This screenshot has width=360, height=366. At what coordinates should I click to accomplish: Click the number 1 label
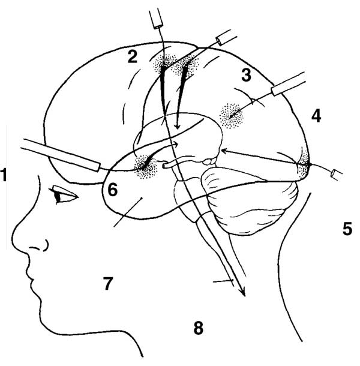[4, 175]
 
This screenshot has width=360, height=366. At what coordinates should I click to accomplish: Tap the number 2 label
[133, 57]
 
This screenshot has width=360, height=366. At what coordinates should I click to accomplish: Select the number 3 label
[247, 75]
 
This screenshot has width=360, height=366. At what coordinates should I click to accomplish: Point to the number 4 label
[316, 116]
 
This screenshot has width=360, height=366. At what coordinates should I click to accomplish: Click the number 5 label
[347, 229]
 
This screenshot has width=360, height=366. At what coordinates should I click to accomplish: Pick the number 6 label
[113, 190]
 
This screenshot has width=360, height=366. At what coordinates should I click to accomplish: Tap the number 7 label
[108, 283]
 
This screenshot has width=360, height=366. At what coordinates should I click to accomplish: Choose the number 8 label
[199, 328]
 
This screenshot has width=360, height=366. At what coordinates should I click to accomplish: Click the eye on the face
[64, 194]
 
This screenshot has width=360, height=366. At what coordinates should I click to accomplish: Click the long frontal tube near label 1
[61, 155]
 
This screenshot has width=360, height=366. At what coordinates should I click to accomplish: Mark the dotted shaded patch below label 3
[231, 116]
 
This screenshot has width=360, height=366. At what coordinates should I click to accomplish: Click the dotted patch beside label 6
[146, 166]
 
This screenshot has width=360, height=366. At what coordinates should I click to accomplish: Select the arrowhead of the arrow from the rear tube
[224, 151]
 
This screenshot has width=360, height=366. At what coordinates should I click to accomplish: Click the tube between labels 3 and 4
[289, 83]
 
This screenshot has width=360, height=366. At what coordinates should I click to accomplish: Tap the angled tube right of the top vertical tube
[226, 37]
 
